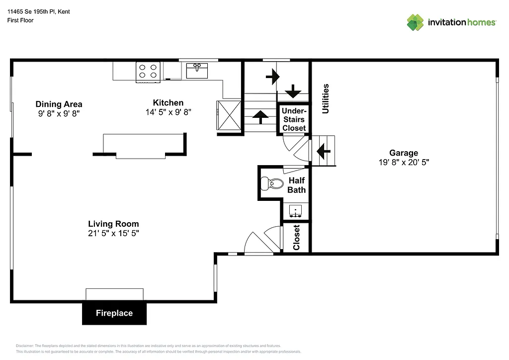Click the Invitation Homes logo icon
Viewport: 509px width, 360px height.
[415, 22]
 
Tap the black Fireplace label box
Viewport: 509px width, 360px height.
[114, 313]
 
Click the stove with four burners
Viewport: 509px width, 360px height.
[148, 72]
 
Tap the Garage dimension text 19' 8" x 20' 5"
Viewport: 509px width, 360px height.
[403, 162]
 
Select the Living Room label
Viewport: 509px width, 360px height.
[113, 224]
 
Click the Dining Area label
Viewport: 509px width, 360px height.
[59, 104]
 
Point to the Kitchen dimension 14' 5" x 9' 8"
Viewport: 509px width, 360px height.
[168, 112]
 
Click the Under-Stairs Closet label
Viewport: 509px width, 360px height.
[294, 119]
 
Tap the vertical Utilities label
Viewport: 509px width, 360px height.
[326, 98]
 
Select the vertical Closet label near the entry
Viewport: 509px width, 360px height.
[297, 237]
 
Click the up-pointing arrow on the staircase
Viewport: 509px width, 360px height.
[259, 117]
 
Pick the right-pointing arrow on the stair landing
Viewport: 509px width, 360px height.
[272, 77]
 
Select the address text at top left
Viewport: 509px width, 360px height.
[38, 11]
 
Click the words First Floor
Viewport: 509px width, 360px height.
[20, 20]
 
